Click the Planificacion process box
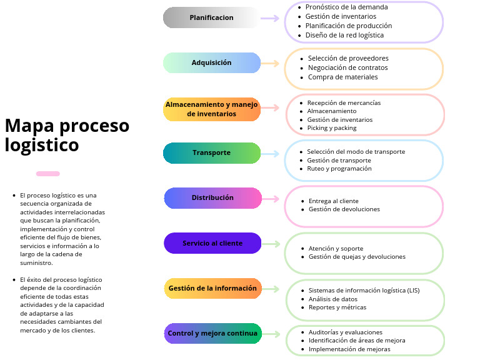click(211, 17)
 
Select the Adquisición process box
click(211, 62)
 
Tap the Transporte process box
click(211, 152)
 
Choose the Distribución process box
click(212, 197)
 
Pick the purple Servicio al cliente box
click(212, 243)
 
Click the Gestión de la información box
click(212, 288)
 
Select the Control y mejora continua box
click(212, 333)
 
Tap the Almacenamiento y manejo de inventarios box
click(212, 109)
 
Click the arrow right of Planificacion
click(270, 18)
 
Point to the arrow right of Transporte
click(270, 153)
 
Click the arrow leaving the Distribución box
click(271, 199)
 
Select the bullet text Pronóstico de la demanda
click(346, 7)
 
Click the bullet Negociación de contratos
click(347, 67)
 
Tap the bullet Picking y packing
click(332, 127)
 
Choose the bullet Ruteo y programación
click(339, 168)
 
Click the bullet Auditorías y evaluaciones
click(346, 332)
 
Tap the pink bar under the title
click(48, 174)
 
